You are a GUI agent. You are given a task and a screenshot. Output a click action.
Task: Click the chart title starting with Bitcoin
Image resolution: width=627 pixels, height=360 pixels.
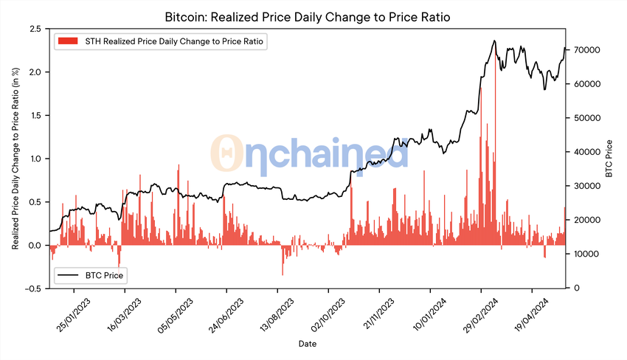(x=313, y=16)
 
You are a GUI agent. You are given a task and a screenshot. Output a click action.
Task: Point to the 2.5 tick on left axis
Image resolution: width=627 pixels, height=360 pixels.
(x=33, y=29)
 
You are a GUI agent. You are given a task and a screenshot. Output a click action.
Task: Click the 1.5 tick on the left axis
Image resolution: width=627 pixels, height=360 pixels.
(x=33, y=116)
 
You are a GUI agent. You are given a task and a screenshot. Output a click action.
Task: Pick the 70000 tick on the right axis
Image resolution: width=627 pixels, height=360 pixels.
(x=581, y=50)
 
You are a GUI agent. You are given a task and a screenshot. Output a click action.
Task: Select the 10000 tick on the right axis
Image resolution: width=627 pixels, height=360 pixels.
(x=581, y=255)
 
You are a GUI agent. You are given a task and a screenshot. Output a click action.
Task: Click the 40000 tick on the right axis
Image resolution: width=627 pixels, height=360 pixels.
(x=581, y=152)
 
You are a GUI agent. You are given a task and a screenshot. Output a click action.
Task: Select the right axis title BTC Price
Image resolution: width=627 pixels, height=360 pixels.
(x=610, y=158)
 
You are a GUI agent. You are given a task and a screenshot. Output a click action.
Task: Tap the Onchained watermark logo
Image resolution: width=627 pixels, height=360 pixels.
(x=310, y=153)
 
